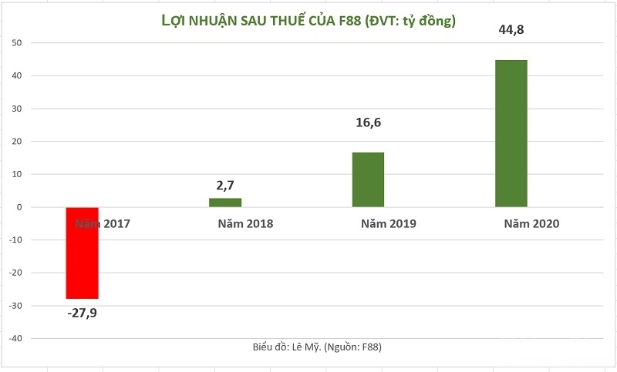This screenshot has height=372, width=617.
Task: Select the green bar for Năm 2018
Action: (x=225, y=203)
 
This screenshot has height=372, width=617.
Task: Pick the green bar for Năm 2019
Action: (x=368, y=179)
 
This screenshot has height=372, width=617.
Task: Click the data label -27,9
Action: (x=83, y=313)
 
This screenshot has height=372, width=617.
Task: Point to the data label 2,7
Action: (x=225, y=186)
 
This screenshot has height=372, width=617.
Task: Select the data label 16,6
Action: (x=368, y=121)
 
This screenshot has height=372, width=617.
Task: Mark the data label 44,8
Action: (x=511, y=30)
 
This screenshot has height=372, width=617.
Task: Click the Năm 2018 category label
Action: (x=245, y=224)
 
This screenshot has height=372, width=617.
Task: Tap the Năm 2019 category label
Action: (x=388, y=224)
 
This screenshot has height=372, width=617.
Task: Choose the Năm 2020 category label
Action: (x=531, y=224)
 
